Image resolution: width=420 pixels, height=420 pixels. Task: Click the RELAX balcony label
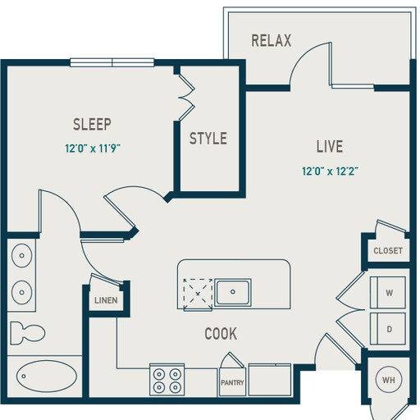(271, 41)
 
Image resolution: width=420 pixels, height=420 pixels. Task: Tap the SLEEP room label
(92, 125)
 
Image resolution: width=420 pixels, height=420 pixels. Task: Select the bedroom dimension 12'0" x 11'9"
(98, 149)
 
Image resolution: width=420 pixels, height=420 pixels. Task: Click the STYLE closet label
(208, 139)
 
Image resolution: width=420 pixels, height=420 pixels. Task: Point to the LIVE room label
(330, 147)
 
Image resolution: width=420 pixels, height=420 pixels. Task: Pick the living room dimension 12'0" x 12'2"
(330, 171)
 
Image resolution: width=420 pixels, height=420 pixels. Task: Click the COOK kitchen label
(221, 334)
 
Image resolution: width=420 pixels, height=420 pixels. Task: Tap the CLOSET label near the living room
(388, 251)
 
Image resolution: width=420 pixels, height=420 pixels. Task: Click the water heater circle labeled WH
(389, 381)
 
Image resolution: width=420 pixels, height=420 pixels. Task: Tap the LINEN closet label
(106, 300)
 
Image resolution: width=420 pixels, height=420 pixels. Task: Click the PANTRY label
(231, 382)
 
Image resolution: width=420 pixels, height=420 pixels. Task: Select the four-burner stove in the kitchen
(167, 380)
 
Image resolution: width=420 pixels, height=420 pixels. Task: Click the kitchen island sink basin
(233, 291)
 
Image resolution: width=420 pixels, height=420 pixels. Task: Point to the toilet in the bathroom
(30, 332)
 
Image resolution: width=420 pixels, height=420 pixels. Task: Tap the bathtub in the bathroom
(44, 378)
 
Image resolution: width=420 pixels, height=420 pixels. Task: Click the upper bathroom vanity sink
(21, 257)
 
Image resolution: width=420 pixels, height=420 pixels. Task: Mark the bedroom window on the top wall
(112, 62)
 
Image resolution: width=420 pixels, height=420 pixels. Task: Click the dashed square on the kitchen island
(197, 291)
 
